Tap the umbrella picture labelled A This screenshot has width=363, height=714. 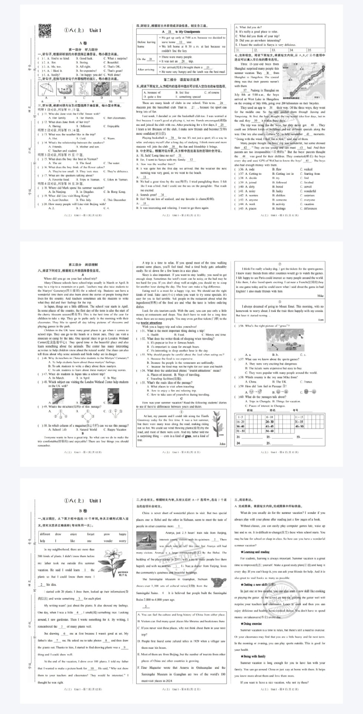pyautogui.click(x=46, y=89)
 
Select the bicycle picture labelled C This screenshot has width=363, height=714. pyautogui.click(x=84, y=89)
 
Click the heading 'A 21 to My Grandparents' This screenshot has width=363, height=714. pyautogui.click(x=181, y=32)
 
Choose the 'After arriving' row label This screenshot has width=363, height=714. pyautogui.click(x=146, y=70)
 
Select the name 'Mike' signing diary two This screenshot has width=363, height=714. pyautogui.click(x=320, y=296)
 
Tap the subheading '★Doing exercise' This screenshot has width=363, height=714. pyautogui.click(x=251, y=624)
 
